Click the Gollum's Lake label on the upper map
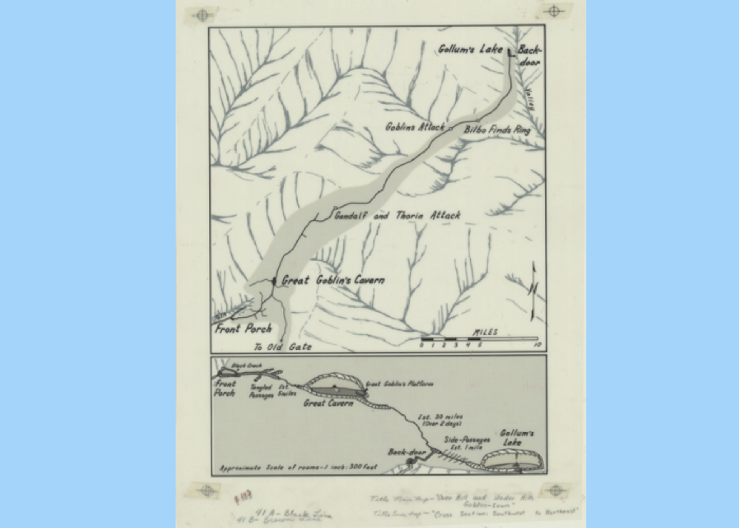pos(470,49)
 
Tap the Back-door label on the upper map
pos(529,56)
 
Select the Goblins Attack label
pos(415,127)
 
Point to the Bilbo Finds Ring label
pos(497,130)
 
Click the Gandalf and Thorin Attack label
pos(397,215)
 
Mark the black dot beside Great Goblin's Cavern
pos(274,281)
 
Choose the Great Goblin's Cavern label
pos(333,280)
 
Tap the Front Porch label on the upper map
pos(243,329)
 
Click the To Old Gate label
pos(283,347)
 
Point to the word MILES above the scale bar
pos(485,332)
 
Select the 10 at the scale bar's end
pos(538,345)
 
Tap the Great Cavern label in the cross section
pos(328,403)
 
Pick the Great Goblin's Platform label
pos(400,384)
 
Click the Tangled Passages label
pos(261,391)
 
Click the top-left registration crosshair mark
pos(202,15)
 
